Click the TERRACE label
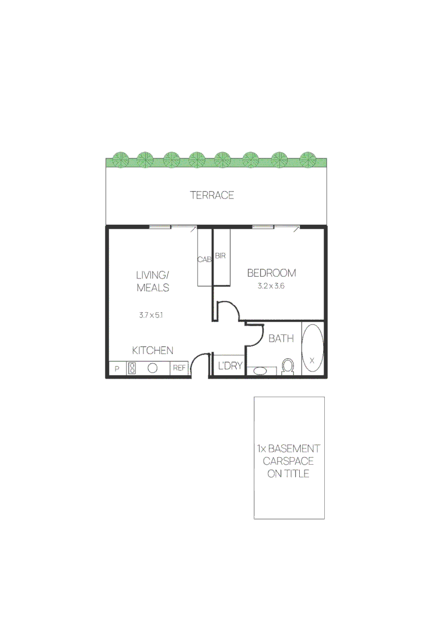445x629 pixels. point(212,195)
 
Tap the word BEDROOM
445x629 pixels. point(271,273)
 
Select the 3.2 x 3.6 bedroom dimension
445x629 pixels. point(271,286)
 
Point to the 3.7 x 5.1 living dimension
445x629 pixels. point(150,315)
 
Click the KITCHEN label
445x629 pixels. point(153,350)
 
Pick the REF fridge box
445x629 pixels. point(179,368)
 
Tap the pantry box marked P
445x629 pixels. point(117,369)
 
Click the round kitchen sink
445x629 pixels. point(153,368)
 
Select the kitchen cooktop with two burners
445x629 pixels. point(132,368)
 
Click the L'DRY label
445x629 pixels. point(230,366)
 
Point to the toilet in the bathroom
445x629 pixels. point(288,366)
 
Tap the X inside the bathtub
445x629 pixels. point(312,361)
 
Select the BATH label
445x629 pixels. point(281,338)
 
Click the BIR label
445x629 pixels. point(220,256)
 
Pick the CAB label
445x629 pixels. point(204,260)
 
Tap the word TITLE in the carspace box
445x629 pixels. point(296,473)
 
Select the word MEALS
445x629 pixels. point(153,288)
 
